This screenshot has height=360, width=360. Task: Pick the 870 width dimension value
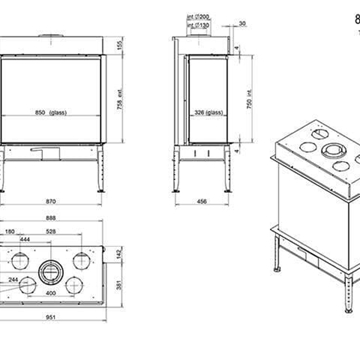point(66,176)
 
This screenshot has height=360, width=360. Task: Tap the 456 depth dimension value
point(203,176)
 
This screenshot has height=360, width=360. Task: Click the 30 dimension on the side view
point(244,21)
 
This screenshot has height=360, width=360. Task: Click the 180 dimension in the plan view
point(37,205)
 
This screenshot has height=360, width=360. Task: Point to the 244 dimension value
point(15,252)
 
